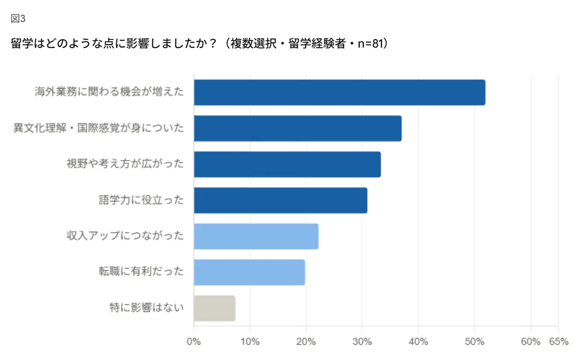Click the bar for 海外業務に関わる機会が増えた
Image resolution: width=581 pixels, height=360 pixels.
pos(339,92)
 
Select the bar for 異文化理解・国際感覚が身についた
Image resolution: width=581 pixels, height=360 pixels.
pos(297,128)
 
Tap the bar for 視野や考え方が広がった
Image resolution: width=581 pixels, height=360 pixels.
pos(287,164)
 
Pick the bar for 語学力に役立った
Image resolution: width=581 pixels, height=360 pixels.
pos(280,200)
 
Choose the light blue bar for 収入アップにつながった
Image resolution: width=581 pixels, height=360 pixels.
pos(256,236)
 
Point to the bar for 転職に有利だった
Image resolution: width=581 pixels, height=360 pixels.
pos(249,272)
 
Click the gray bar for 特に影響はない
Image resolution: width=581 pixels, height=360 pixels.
pos(214,308)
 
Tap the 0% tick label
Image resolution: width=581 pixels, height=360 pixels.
pos(194,342)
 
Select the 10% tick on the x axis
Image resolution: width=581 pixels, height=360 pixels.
pos(250,342)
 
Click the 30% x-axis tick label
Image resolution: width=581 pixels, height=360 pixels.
pos(362,342)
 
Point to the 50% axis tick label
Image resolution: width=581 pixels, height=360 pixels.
pos(474,342)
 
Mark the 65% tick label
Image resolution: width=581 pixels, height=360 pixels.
pos(559,342)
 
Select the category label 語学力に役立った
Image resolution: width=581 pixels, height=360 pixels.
pos(141,200)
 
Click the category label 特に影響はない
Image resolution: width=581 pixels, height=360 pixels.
pos(147,308)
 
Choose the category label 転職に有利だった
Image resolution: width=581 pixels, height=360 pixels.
pos(141,272)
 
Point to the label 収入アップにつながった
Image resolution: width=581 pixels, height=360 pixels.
pos(125,236)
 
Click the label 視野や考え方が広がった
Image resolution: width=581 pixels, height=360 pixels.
pos(125,164)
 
